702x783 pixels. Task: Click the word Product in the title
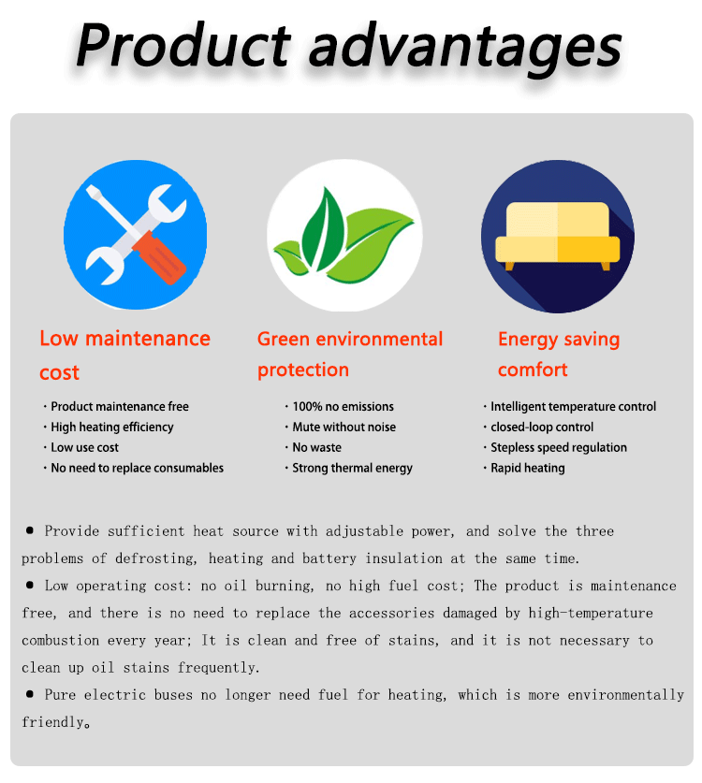[183, 45]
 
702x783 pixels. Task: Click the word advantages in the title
[466, 49]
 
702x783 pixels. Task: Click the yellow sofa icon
[558, 236]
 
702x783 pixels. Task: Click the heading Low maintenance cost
[124, 355]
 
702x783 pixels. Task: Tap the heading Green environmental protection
[350, 354]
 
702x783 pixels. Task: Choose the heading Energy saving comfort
[559, 354]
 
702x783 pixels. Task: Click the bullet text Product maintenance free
[120, 407]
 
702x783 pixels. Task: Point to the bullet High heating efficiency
[112, 427]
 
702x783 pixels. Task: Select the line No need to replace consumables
[138, 468]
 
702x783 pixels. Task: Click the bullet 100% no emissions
[344, 407]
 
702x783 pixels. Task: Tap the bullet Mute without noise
[344, 427]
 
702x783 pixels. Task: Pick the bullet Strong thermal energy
[353, 468]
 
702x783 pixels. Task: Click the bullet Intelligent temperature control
[574, 407]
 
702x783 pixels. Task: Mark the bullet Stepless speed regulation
[559, 447]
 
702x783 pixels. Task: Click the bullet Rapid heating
[528, 468]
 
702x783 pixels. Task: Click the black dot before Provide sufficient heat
[30, 530]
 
